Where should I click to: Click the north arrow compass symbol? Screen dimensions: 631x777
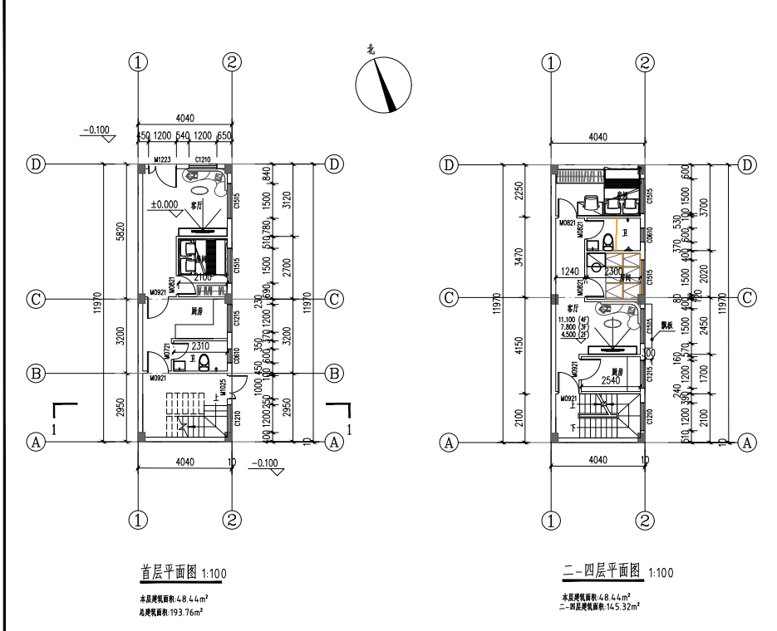pos(383,83)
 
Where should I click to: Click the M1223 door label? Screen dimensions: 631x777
pos(162,159)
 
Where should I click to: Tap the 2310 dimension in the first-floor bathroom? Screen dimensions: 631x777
pos(200,345)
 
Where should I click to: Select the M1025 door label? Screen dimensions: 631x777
pos(223,387)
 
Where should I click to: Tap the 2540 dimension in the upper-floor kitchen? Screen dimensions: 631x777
pos(613,381)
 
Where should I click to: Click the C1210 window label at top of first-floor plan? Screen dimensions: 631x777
pos(203,159)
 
